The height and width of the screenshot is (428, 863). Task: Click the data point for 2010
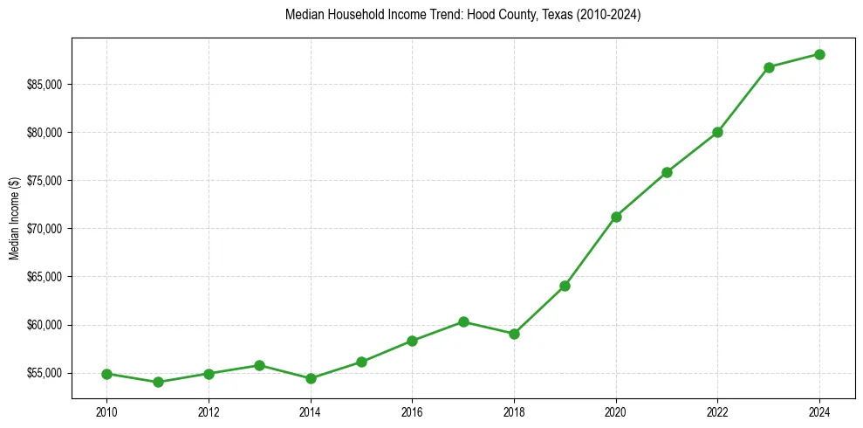(106, 374)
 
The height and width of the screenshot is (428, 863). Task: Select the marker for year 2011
(158, 382)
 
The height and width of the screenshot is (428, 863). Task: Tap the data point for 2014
(311, 378)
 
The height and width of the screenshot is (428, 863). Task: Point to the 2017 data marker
(463, 321)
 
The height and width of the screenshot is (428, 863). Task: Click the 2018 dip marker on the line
(514, 334)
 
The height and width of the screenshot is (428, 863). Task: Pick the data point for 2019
(565, 286)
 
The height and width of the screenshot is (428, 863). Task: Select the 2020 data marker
(616, 217)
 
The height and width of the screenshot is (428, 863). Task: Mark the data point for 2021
(667, 172)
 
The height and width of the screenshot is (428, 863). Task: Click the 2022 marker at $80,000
(717, 132)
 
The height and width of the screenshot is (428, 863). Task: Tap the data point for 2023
(769, 67)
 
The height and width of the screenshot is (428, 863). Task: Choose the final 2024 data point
(819, 54)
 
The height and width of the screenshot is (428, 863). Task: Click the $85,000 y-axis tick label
(45, 85)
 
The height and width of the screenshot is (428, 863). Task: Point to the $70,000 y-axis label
(45, 229)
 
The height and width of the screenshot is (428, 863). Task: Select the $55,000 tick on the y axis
(45, 373)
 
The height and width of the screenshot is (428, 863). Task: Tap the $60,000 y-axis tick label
(45, 325)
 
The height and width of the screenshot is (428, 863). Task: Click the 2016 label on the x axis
(412, 411)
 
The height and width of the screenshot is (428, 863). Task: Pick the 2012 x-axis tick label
(209, 411)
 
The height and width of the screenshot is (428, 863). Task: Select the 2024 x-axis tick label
(819, 411)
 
